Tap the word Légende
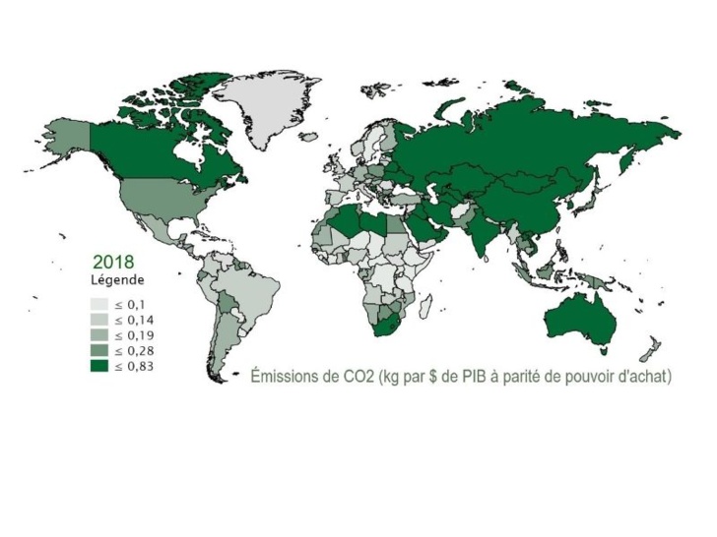pos(117,279)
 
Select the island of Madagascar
pos(424,305)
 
